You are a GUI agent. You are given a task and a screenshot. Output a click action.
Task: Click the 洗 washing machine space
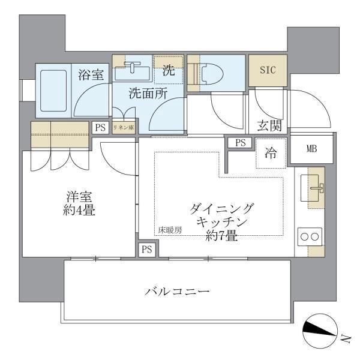tap(169, 70)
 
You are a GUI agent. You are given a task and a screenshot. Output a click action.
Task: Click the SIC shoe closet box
tap(268, 69)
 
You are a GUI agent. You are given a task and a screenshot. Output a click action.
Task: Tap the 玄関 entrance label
tap(269, 126)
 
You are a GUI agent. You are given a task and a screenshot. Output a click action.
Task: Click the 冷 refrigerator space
tap(271, 154)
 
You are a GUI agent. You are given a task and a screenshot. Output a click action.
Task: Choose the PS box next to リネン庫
tap(100, 127)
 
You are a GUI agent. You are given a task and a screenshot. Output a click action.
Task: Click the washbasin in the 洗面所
tap(131, 72)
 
